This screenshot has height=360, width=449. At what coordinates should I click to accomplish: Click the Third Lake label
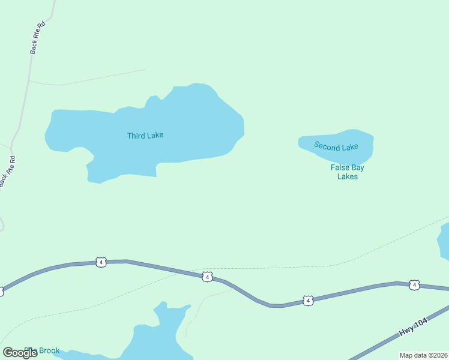point(145,136)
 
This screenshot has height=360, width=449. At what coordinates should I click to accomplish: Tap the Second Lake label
point(336,146)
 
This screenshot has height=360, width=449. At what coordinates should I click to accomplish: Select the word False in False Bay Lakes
point(340,168)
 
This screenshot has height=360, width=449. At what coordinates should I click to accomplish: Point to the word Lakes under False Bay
point(348,177)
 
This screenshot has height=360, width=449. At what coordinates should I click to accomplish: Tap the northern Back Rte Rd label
point(37,38)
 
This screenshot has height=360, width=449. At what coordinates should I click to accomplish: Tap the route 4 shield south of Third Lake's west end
point(101,262)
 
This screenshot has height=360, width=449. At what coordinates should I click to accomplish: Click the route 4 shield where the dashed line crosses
point(206,277)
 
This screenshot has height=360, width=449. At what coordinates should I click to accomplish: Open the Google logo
point(20,353)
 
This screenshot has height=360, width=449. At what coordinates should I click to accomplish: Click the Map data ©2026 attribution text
point(424,355)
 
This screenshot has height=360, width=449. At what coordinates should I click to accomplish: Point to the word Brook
point(49,350)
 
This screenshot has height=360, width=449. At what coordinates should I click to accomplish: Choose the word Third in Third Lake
point(136,136)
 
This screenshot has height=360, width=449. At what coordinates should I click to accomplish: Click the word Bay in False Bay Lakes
point(358,168)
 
